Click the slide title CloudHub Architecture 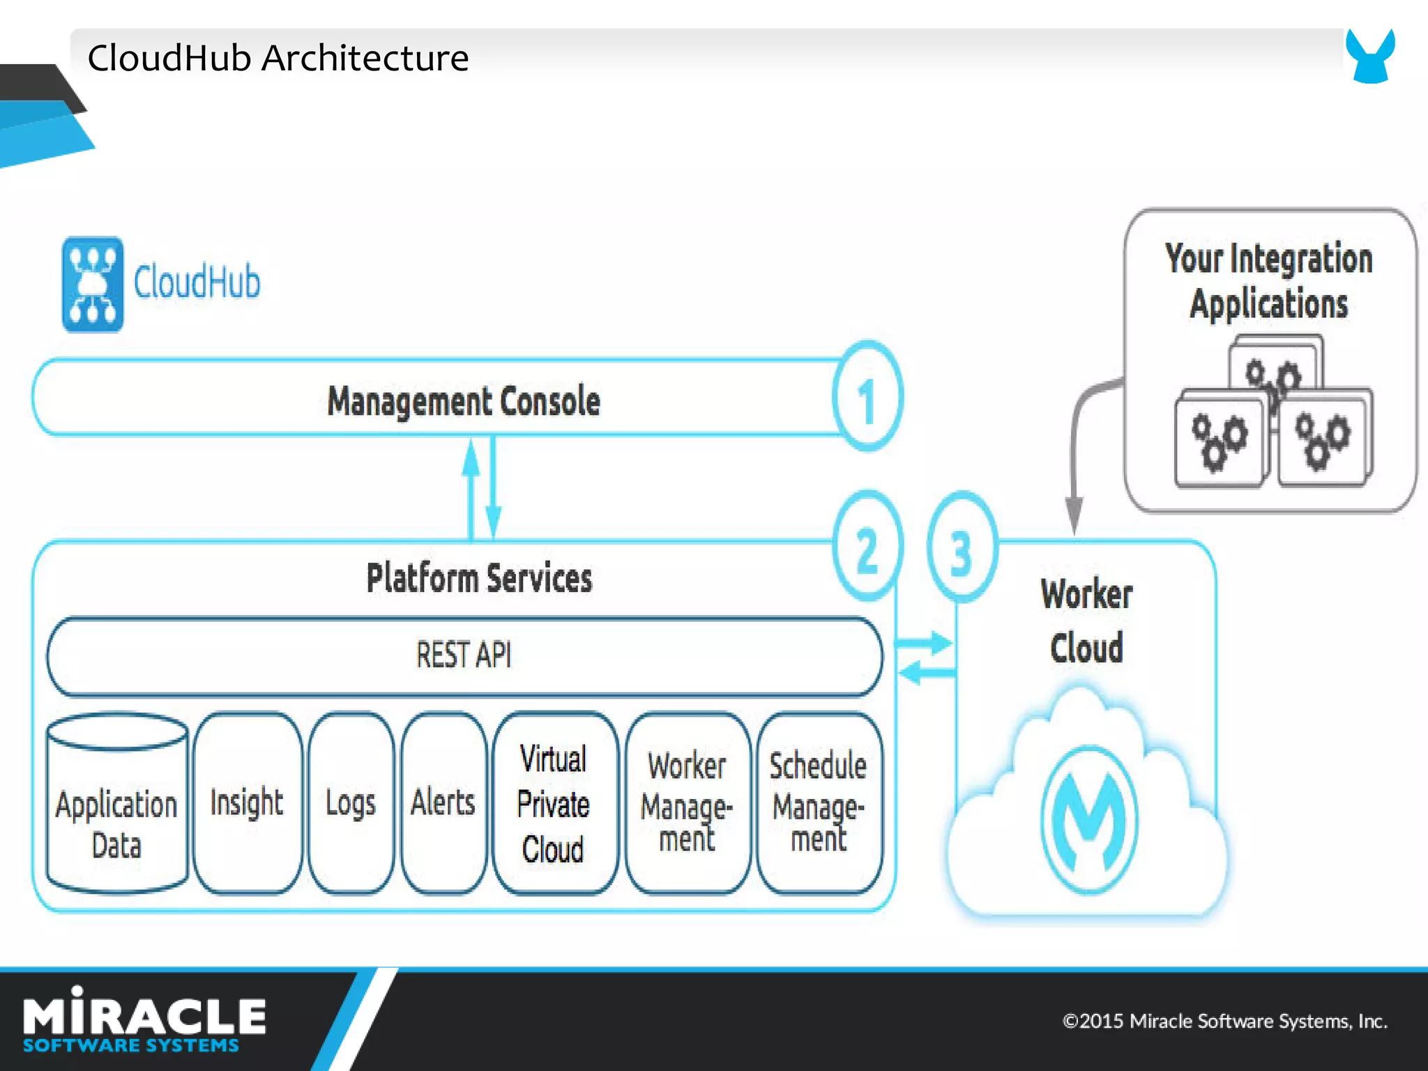point(278,58)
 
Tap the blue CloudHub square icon point(93,284)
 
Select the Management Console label point(463,402)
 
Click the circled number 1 point(867,397)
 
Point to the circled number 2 point(867,547)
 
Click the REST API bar point(464,655)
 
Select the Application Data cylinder point(116,809)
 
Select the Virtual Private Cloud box point(554,803)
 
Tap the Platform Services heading point(480,578)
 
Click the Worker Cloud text point(1086,621)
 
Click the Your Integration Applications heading point(1269,280)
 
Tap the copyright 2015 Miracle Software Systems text point(1224,1021)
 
